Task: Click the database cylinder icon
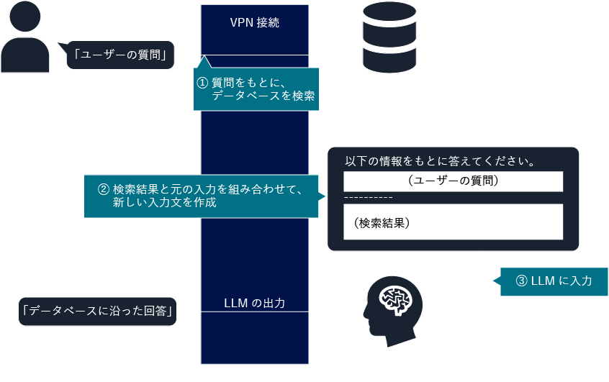click(389, 37)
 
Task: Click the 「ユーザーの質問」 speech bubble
click(120, 54)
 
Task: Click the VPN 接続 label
click(254, 22)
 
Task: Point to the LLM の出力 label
click(254, 303)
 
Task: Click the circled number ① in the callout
click(203, 83)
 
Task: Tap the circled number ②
click(103, 190)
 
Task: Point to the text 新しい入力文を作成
click(165, 204)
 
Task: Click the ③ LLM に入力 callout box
click(554, 281)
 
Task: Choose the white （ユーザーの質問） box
click(453, 181)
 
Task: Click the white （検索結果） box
click(453, 222)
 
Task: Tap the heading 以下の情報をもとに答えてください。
click(439, 160)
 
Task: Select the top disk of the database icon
click(389, 13)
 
